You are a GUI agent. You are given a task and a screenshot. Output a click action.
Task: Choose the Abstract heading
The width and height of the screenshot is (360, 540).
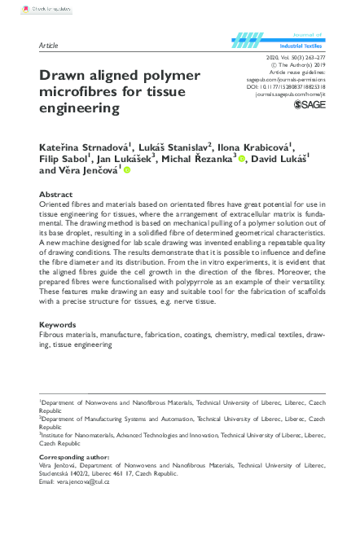(x=56, y=195)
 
